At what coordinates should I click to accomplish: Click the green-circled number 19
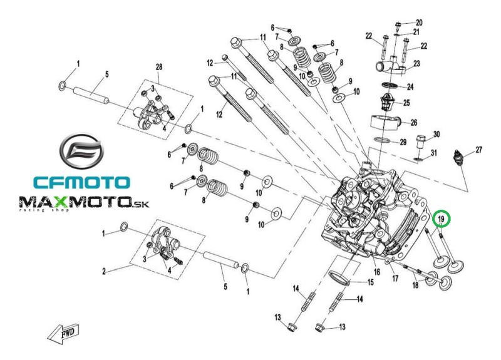point(442,219)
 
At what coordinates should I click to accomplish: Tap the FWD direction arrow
point(63,334)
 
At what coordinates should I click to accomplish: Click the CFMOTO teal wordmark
point(82,182)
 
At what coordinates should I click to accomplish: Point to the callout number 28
point(159,67)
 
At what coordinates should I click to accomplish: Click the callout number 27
point(478,150)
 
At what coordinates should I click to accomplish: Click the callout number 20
point(419,23)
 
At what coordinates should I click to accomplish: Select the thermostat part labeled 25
point(388,102)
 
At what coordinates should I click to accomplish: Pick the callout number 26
point(414,122)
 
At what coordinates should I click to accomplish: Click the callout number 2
point(104,272)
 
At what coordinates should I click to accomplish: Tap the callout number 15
point(370,282)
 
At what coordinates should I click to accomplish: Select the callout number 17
point(395,278)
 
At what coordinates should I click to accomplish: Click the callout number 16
point(377,272)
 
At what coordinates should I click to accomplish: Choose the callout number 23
point(416,64)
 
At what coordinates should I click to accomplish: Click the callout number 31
point(433,153)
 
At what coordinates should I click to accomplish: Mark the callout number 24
point(410,86)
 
